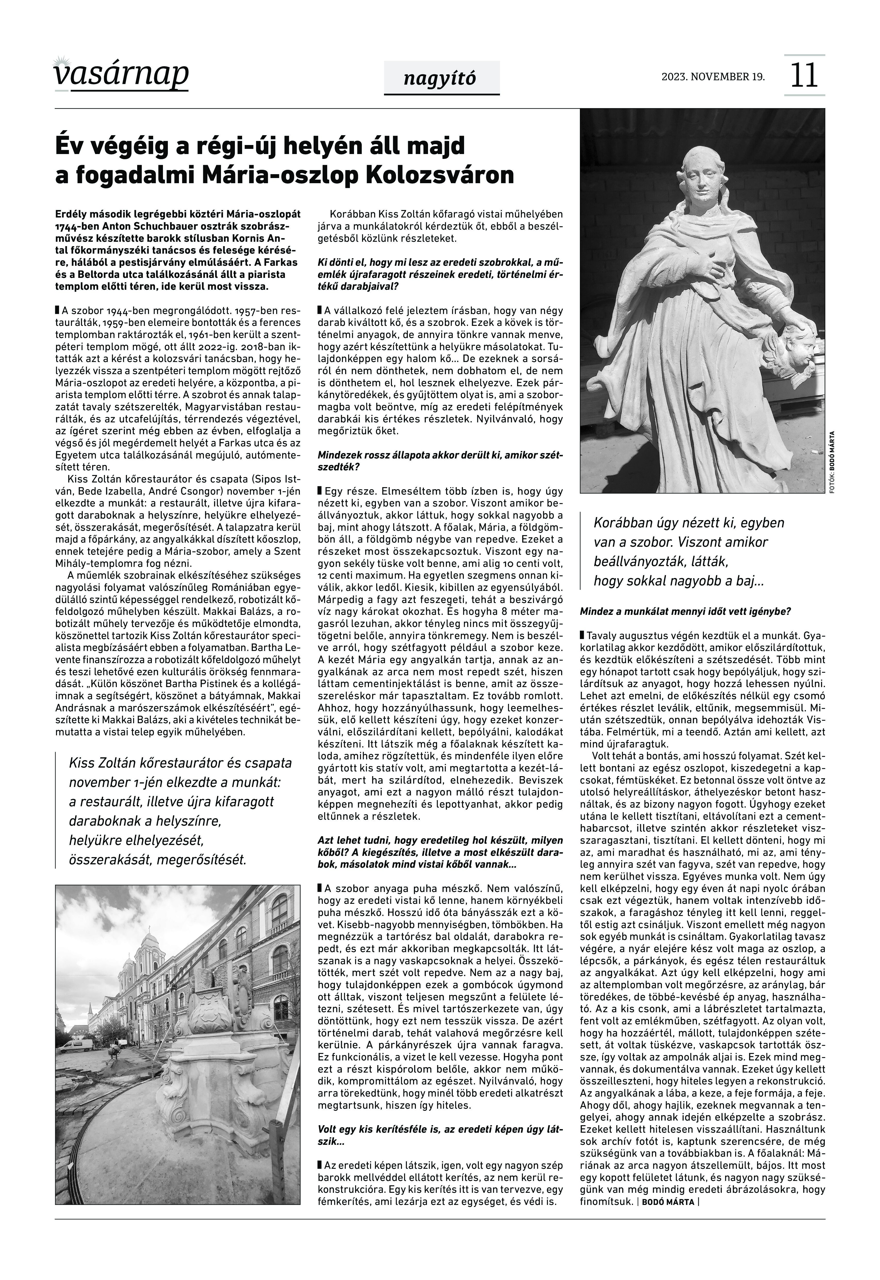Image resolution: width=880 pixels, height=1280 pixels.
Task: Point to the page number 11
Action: click(804, 76)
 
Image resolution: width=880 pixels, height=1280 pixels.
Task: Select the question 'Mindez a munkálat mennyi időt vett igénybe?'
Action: click(685, 611)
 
